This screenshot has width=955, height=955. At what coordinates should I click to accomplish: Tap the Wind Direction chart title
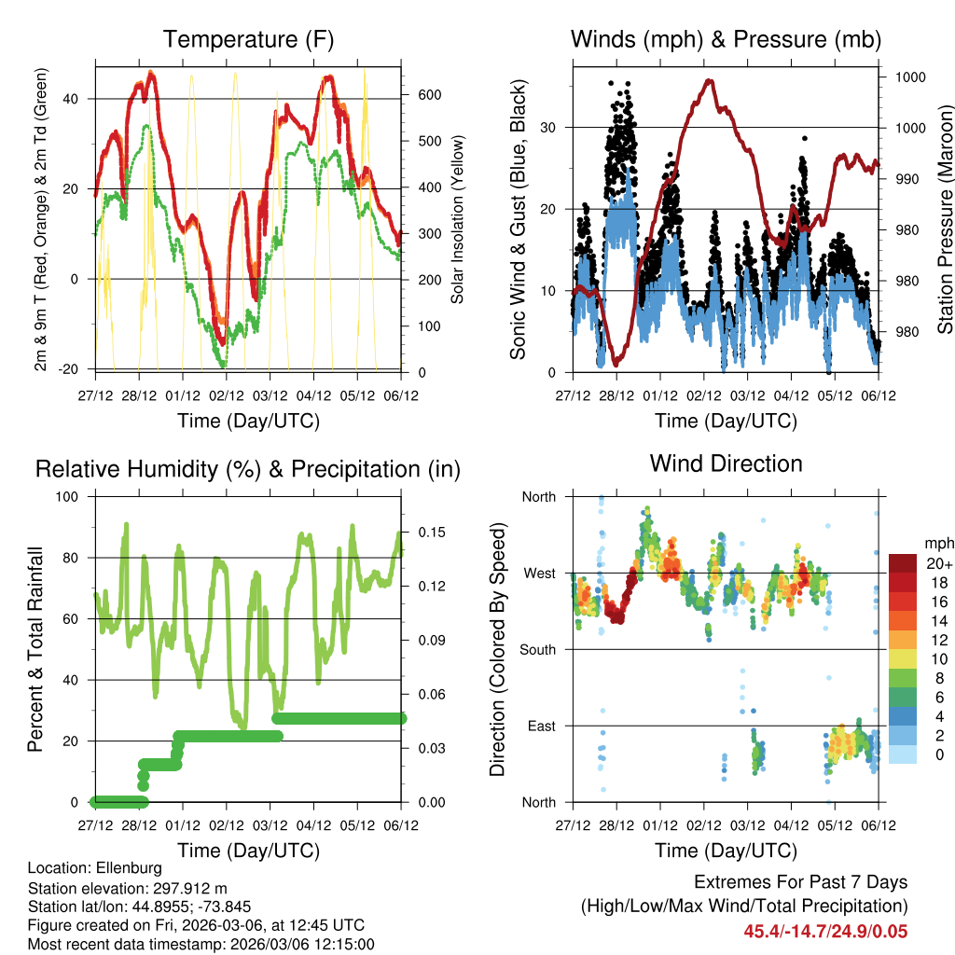(726, 464)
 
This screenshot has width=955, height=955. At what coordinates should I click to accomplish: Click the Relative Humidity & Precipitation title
(248, 468)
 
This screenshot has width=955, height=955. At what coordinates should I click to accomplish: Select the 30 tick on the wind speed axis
(558, 127)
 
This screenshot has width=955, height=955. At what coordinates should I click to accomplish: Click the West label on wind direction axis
(539, 573)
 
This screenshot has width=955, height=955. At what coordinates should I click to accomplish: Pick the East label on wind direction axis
(539, 726)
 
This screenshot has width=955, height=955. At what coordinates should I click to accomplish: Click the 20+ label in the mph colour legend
(937, 562)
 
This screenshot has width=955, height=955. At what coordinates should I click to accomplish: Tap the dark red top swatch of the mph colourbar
(902, 562)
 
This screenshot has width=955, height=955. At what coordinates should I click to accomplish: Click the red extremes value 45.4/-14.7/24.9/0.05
(825, 932)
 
